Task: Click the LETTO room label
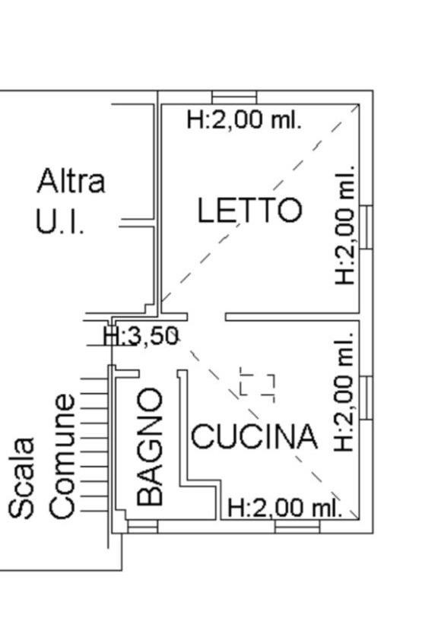249,210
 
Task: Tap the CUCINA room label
255,436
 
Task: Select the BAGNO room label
150,446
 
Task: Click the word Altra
71,181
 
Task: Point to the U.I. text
60,221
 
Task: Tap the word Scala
21,477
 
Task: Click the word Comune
62,456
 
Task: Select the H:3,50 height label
141,337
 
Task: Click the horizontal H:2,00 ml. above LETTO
244,120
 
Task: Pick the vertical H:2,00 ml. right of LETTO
345,225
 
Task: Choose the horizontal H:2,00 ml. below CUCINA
284,508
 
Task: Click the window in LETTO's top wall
234,97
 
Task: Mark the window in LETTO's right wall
366,227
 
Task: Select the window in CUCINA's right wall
366,398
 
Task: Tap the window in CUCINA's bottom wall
297,527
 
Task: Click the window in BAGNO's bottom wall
143,527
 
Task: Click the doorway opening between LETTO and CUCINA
206,317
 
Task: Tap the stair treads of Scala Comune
94,445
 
